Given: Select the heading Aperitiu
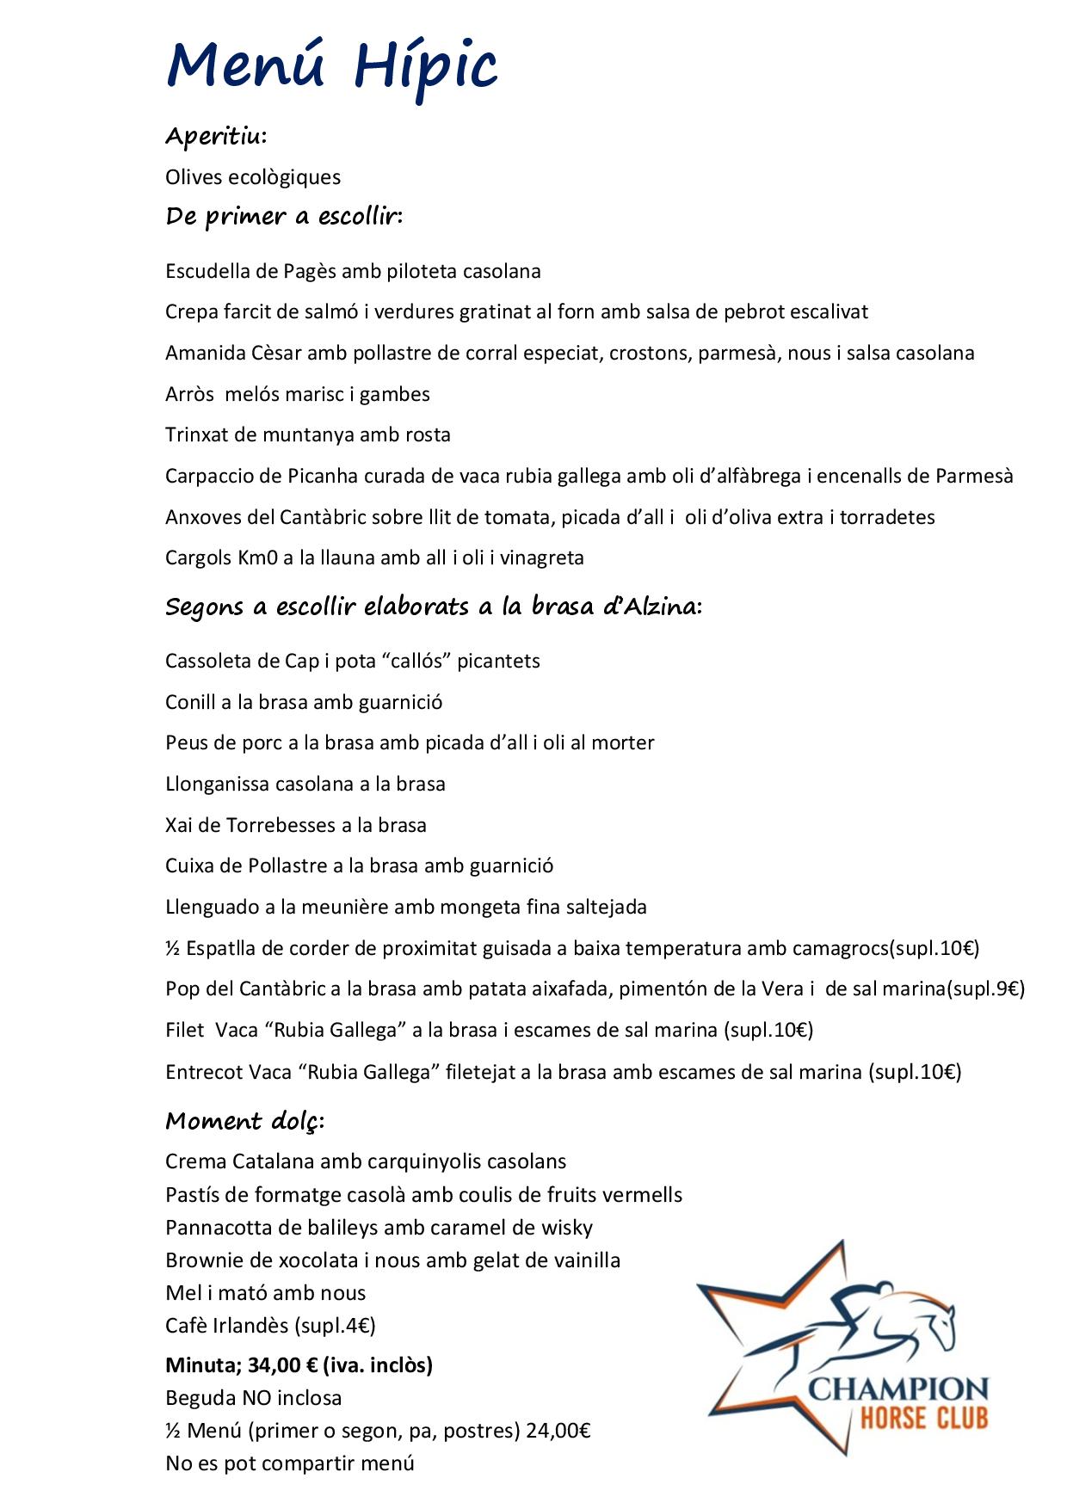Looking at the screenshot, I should tap(216, 136).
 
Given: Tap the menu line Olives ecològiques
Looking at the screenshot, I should tap(253, 177).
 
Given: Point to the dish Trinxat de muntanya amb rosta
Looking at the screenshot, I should tap(308, 434).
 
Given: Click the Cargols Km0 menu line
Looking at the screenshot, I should tap(374, 557).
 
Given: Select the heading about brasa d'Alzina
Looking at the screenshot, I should tap(434, 607).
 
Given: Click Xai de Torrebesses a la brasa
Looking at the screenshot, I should tap(296, 825).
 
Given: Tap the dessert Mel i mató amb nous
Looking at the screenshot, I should tap(265, 1292).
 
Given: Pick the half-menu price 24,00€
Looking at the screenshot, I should tap(558, 1431).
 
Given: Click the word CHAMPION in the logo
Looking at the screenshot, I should tap(897, 1389).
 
